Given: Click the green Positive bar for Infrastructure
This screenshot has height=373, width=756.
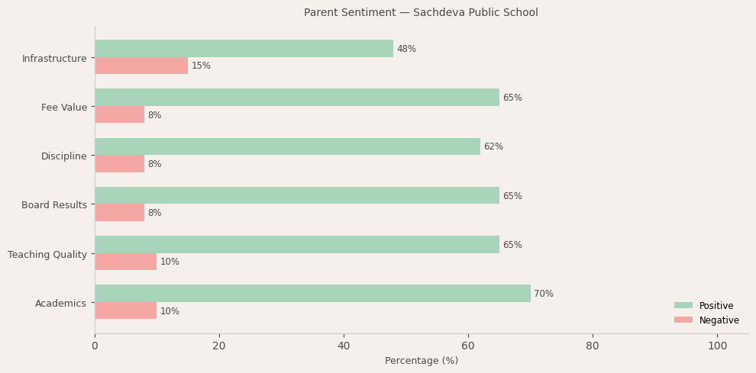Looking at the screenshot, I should (244, 49).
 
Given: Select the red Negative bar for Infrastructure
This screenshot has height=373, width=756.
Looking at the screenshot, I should (141, 66).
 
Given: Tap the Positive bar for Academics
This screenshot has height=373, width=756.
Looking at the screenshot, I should (312, 294).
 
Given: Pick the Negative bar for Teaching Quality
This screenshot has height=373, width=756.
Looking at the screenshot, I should (125, 262).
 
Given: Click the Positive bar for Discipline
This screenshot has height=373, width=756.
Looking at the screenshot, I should (287, 146).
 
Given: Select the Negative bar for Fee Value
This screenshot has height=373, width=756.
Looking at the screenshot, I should (119, 115).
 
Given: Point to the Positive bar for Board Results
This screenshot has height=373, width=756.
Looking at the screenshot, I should (296, 196).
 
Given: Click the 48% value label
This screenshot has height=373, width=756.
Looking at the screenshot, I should (406, 50).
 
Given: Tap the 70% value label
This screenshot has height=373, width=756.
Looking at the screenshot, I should (544, 294).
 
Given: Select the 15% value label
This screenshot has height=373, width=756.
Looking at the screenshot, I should (201, 66).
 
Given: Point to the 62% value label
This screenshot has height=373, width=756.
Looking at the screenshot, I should (493, 147).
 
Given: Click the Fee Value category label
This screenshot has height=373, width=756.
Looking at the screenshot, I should (64, 108).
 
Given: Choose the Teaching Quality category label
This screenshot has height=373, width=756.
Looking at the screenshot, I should (47, 255).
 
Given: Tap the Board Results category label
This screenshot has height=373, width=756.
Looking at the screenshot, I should (54, 205).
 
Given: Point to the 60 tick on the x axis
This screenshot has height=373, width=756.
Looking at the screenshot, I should (468, 346).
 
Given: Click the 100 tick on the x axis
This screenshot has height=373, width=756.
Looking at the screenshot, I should (717, 346).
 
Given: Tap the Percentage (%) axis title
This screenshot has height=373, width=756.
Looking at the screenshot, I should (422, 361).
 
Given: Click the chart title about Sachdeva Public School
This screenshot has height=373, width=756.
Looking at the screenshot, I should (421, 13).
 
